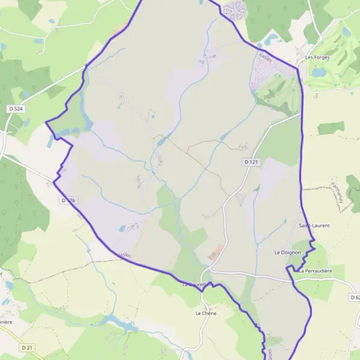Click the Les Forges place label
coord(317,58)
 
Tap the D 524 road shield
coord(16,109)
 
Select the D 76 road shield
coord(69,199)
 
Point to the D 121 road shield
coord(251,162)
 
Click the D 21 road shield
coord(27,347)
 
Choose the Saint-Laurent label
coord(314,226)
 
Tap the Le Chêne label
coord(205,313)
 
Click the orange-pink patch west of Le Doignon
coord(215,253)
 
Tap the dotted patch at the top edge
coord(234,8)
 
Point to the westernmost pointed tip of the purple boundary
coord(46,122)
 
